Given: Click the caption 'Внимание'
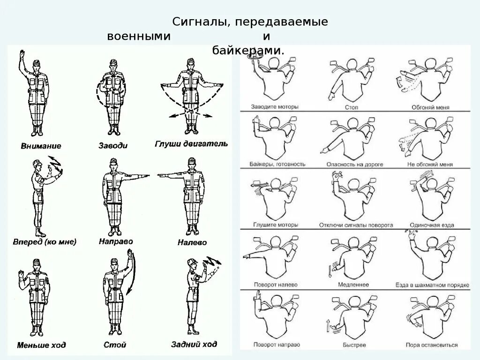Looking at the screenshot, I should (41, 146).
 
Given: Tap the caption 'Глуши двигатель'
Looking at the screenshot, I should (191, 143).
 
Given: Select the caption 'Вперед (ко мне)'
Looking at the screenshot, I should (45, 242).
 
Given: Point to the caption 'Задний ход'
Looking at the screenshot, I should (194, 344).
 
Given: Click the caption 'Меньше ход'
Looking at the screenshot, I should (42, 345).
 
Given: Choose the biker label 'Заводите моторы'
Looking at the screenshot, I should (274, 107).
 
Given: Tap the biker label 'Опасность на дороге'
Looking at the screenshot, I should (355, 165).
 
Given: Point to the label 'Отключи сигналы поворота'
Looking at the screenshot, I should (356, 225).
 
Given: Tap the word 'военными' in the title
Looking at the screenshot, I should (138, 36).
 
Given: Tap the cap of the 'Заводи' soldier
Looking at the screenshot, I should (112, 62).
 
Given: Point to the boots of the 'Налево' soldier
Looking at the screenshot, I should (191, 232).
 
